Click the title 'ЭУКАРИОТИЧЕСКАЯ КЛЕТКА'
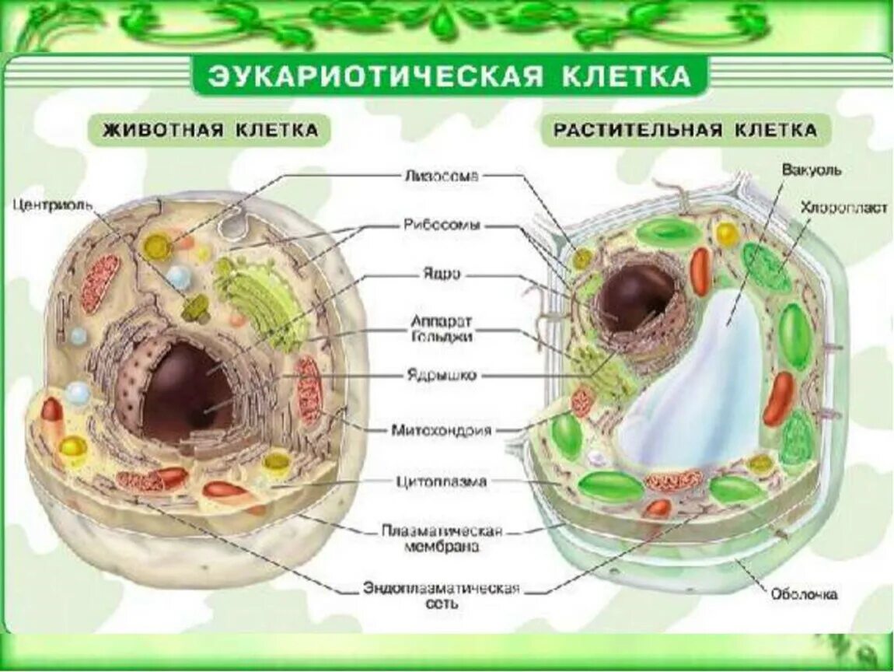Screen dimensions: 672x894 pos(449,76)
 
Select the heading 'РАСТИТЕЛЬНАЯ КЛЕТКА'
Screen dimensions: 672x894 pos(686,130)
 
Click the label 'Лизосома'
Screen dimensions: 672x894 pos(440,175)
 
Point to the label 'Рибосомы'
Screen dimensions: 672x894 pos(441,226)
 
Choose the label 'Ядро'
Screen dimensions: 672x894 pos(441,275)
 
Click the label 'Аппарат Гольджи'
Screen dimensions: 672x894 pos(441,328)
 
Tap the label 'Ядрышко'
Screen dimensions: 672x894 pos(441,376)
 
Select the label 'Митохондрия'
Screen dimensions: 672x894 pos(441,429)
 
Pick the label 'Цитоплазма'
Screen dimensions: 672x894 pos(440,481)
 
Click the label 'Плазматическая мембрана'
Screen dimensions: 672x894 pos(441,538)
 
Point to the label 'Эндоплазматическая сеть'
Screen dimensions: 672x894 pos(441,595)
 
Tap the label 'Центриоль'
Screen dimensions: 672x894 pos(52,205)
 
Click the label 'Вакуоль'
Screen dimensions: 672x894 pos(812,170)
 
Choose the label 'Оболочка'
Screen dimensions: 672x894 pos(804,595)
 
